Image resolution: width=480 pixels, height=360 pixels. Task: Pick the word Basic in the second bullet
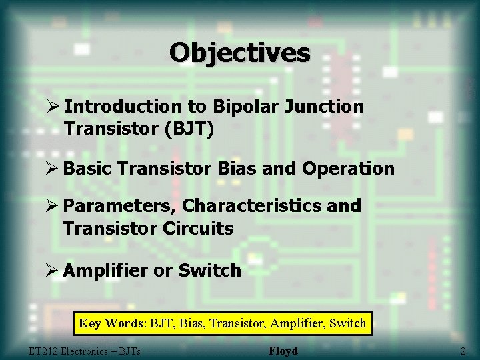(89, 169)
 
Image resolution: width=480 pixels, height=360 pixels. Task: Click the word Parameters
(117, 206)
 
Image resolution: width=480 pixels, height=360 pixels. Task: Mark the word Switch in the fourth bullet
(211, 270)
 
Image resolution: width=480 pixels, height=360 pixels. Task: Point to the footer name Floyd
(283, 351)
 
